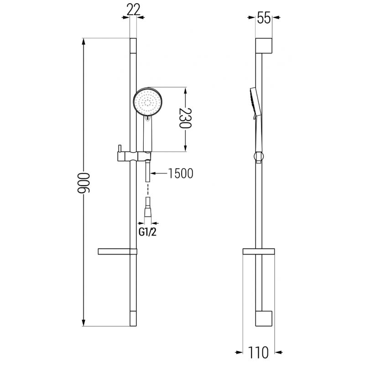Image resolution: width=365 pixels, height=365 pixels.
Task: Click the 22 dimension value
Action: click(x=134, y=10)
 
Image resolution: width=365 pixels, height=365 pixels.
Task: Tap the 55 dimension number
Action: click(x=264, y=18)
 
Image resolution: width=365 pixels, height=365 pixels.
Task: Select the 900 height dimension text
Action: click(x=83, y=183)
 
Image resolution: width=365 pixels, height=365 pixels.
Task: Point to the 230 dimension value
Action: click(x=185, y=118)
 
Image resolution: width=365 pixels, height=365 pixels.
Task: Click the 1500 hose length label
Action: click(x=180, y=173)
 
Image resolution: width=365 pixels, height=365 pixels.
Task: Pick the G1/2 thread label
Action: click(x=147, y=232)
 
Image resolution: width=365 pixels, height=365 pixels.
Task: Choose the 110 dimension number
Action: click(x=258, y=352)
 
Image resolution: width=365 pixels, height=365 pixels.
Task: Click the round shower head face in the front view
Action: click(x=147, y=101)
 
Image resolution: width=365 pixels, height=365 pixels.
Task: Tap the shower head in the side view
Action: click(x=255, y=102)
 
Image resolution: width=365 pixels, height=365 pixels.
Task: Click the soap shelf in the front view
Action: click(x=117, y=251)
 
